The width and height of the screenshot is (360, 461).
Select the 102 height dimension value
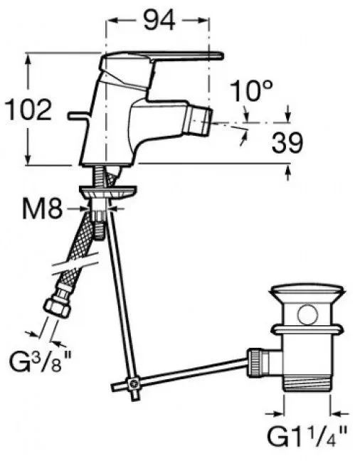coord(28,110)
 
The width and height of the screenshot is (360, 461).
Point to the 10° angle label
coord(251,91)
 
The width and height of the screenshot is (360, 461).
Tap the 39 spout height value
coord(287,143)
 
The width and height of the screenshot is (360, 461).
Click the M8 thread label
coord(43,209)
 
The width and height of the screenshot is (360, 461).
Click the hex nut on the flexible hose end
coord(57,307)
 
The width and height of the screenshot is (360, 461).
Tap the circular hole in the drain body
coord(307,315)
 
